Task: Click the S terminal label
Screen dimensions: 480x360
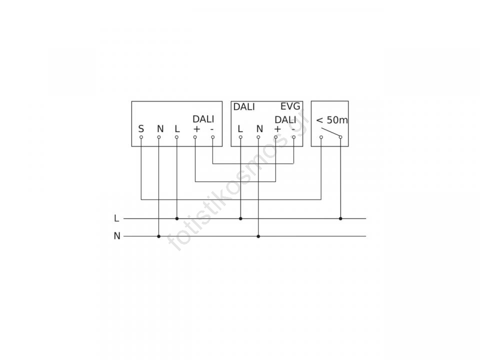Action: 141,129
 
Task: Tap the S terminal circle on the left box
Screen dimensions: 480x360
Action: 141,137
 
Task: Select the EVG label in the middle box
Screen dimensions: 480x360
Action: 290,106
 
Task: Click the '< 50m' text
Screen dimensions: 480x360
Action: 332,120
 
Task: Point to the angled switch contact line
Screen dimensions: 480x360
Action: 330,131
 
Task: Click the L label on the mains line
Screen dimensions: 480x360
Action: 116,218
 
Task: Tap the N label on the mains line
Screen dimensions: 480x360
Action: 117,236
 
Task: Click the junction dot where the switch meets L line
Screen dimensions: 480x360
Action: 340,218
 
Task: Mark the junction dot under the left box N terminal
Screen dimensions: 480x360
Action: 158,236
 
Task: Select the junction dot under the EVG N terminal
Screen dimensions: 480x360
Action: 258,236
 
